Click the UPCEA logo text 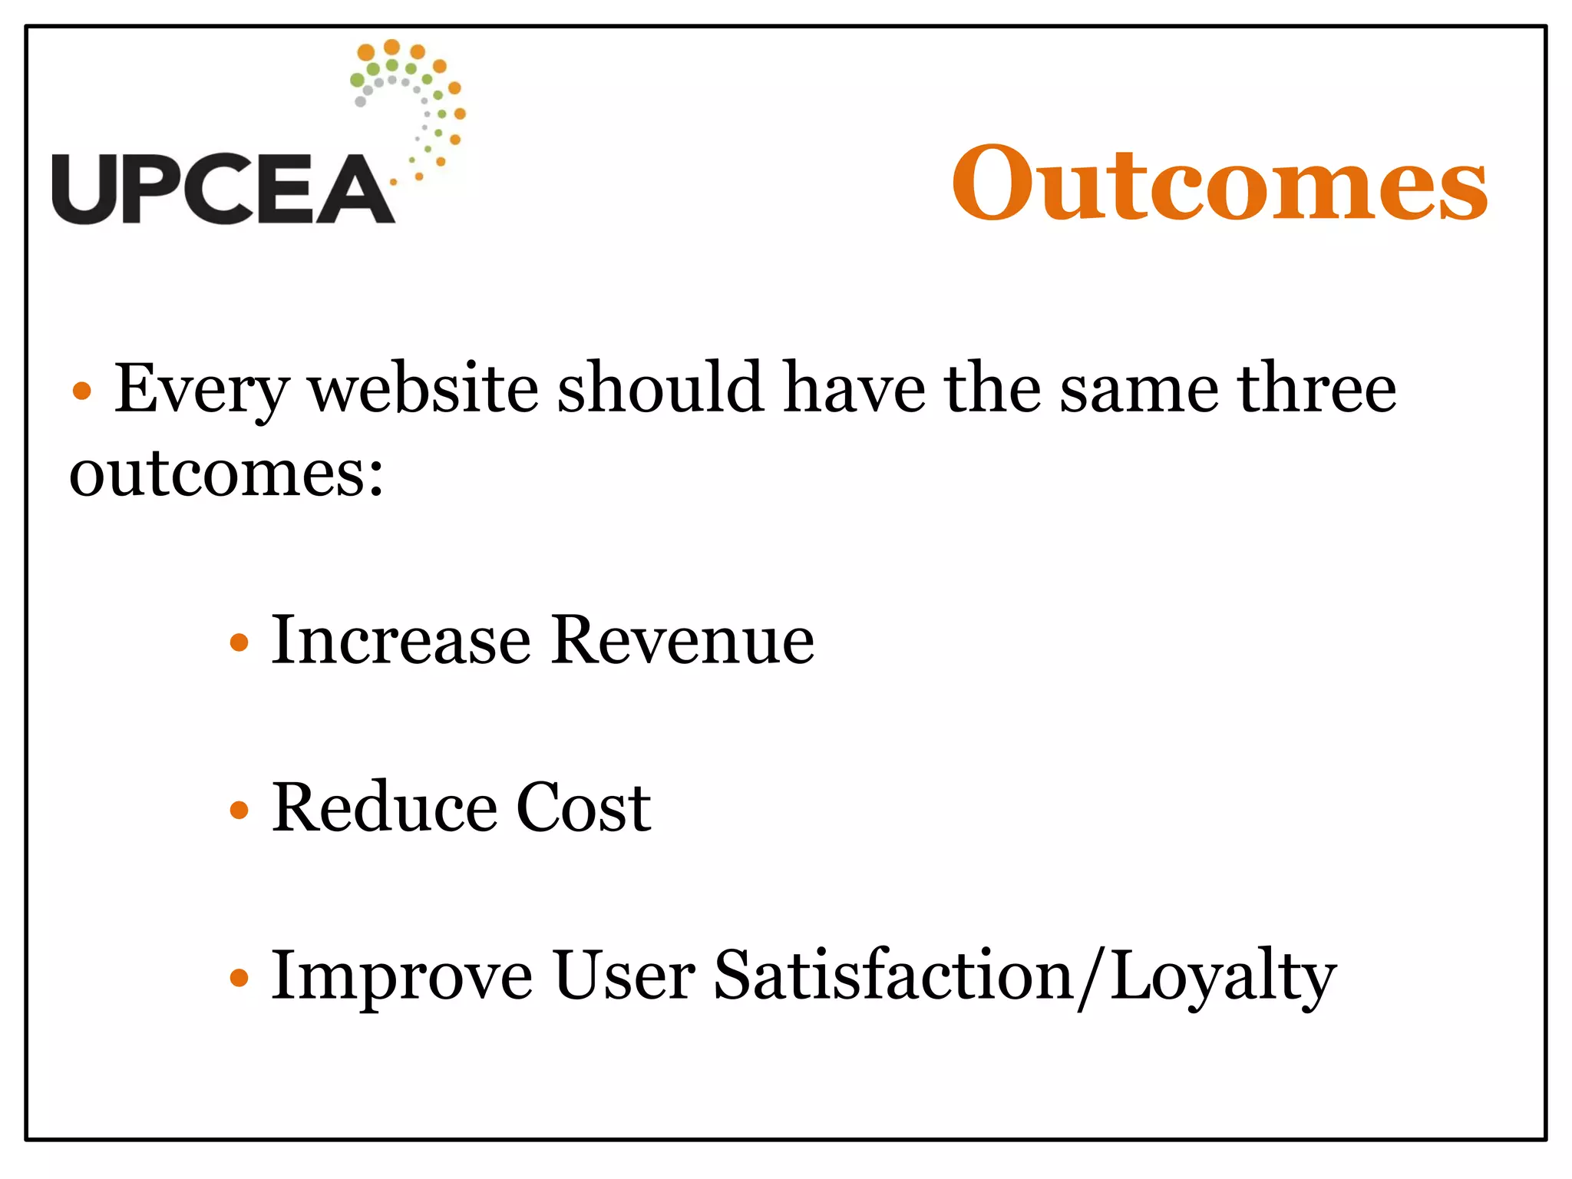pos(223,189)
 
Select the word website pos(424,388)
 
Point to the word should pos(661,387)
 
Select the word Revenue pos(682,640)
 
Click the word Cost pos(583,807)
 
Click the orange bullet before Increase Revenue pos(239,642)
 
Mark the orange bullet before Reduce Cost pos(239,809)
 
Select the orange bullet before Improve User pos(239,977)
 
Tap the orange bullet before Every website pos(81,391)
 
